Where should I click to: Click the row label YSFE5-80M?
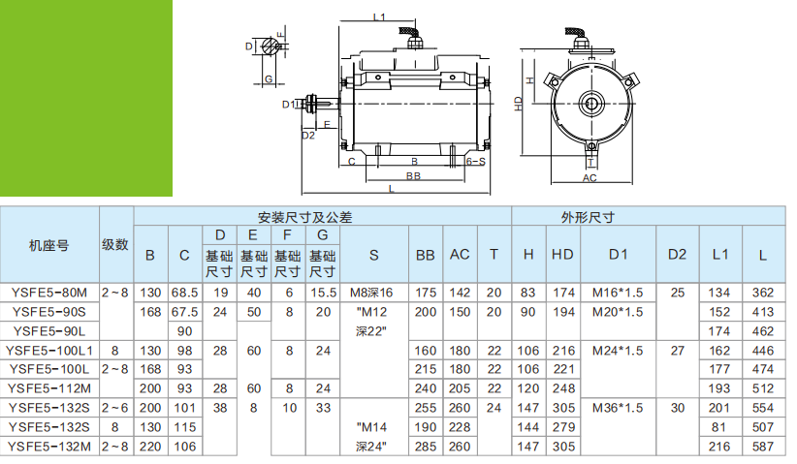pos(49,292)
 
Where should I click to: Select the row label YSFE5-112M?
pos(49,388)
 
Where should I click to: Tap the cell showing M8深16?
pos(372,292)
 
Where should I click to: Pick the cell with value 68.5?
pos(184,292)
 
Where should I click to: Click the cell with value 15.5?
pos(323,292)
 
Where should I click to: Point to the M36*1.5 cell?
pos(618,408)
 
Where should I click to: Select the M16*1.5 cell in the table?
pos(618,292)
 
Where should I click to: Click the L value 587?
pos(762,447)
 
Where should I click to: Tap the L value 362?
pos(762,292)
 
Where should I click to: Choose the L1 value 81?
pos(719,427)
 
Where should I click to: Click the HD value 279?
pos(562,427)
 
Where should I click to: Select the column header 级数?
pos(115,245)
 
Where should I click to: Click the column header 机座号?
pos(49,245)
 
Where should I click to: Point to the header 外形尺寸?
pos(589,217)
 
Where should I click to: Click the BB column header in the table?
pos(425,255)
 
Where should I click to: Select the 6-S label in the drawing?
pos(475,163)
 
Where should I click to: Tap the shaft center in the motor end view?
pos(590,101)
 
